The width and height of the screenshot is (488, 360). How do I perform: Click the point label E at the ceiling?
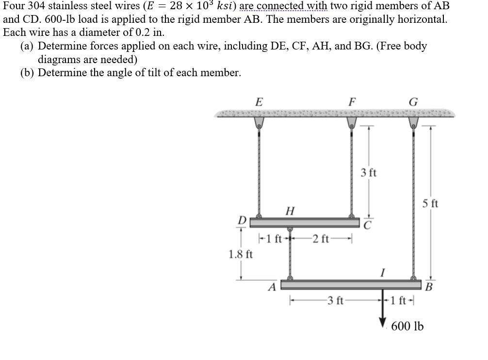click(x=259, y=102)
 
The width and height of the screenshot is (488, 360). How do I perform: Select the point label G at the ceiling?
click(x=413, y=102)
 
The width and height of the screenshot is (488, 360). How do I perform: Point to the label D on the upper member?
click(x=241, y=221)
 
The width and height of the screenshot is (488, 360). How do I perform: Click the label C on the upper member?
click(x=368, y=225)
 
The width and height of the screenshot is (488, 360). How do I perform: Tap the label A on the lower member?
click(x=273, y=288)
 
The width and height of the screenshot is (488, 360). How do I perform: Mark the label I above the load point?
click(x=383, y=274)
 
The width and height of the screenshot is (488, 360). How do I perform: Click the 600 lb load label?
click(x=407, y=326)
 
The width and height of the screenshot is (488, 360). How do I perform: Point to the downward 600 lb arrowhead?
click(x=383, y=323)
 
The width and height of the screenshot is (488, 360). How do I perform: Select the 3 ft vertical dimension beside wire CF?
click(x=369, y=173)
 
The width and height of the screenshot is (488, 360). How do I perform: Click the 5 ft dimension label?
click(x=430, y=203)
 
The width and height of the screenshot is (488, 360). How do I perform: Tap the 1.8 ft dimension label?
click(x=241, y=254)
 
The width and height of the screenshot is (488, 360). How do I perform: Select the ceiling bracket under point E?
click(x=259, y=122)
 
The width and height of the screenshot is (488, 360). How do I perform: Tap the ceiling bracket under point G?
click(x=413, y=122)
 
